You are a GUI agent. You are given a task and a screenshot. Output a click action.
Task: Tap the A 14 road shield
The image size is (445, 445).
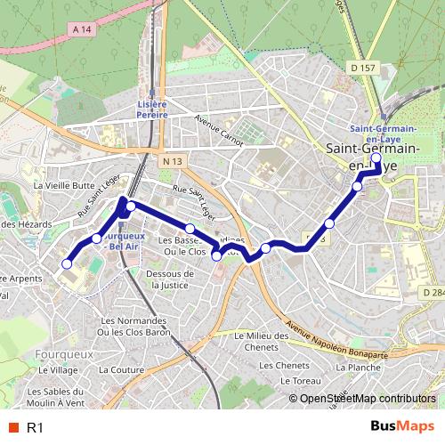(x=82, y=29)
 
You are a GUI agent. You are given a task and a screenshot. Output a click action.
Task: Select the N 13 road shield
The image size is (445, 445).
(x=172, y=160)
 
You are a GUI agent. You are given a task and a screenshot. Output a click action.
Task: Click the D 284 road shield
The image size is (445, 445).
(x=433, y=292)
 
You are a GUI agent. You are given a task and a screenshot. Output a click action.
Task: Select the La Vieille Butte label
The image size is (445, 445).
(x=63, y=185)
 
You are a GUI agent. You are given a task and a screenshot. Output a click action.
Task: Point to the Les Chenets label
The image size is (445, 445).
(x=279, y=365)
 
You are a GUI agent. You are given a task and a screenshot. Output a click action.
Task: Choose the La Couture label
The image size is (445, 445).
(x=121, y=368)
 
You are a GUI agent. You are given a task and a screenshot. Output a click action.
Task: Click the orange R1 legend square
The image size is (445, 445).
(x=12, y=428)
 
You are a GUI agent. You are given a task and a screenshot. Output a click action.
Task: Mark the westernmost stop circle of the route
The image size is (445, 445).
(x=66, y=263)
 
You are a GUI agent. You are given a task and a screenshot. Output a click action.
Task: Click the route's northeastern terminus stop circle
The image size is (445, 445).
(x=376, y=159)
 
